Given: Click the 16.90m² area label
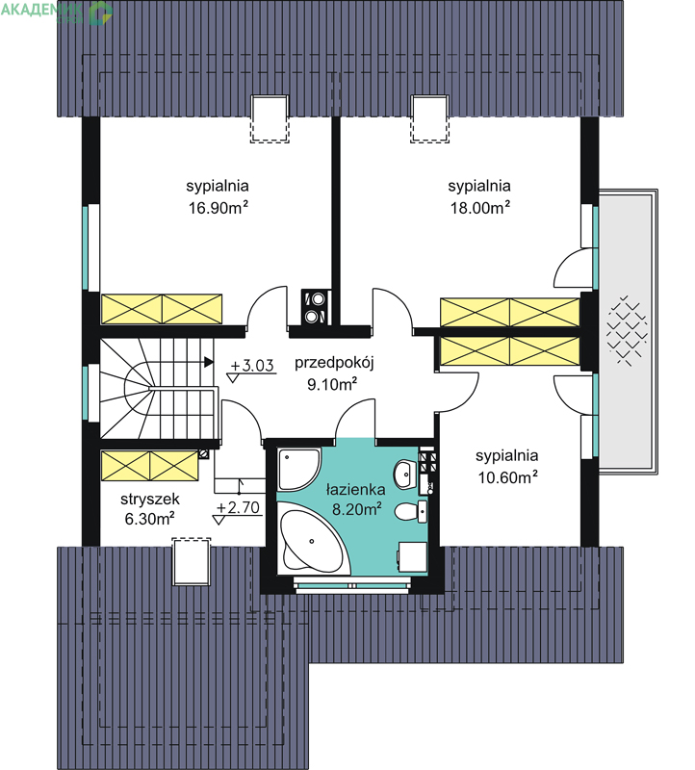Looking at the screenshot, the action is tap(219, 208).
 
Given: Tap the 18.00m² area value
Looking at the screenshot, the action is tap(480, 208).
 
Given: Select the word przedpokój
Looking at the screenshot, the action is tap(334, 364).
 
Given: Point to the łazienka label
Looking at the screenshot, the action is tap(356, 490).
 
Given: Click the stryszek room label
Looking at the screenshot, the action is tap(150, 500).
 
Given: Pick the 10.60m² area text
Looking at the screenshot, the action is tap(508, 476).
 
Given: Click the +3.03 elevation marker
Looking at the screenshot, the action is tap(251, 366).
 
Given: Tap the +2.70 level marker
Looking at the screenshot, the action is tap(238, 507).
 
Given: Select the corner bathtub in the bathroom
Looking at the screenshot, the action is tap(312, 541).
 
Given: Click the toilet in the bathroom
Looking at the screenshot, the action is tap(410, 512).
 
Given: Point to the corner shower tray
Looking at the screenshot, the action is tap(298, 469).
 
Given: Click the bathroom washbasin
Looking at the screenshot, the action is tap(404, 475).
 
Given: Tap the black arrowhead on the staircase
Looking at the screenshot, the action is tap(209, 363).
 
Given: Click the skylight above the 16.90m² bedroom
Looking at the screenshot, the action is tap(270, 118).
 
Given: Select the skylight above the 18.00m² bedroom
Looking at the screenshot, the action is tap(429, 118).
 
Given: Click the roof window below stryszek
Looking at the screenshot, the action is tap(192, 561).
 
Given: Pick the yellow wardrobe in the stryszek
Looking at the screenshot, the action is tap(150, 466).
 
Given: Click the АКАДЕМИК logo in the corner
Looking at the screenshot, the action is tap(57, 12).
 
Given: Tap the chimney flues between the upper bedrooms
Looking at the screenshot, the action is tap(315, 307).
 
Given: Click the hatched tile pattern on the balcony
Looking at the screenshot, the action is tap(627, 330).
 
